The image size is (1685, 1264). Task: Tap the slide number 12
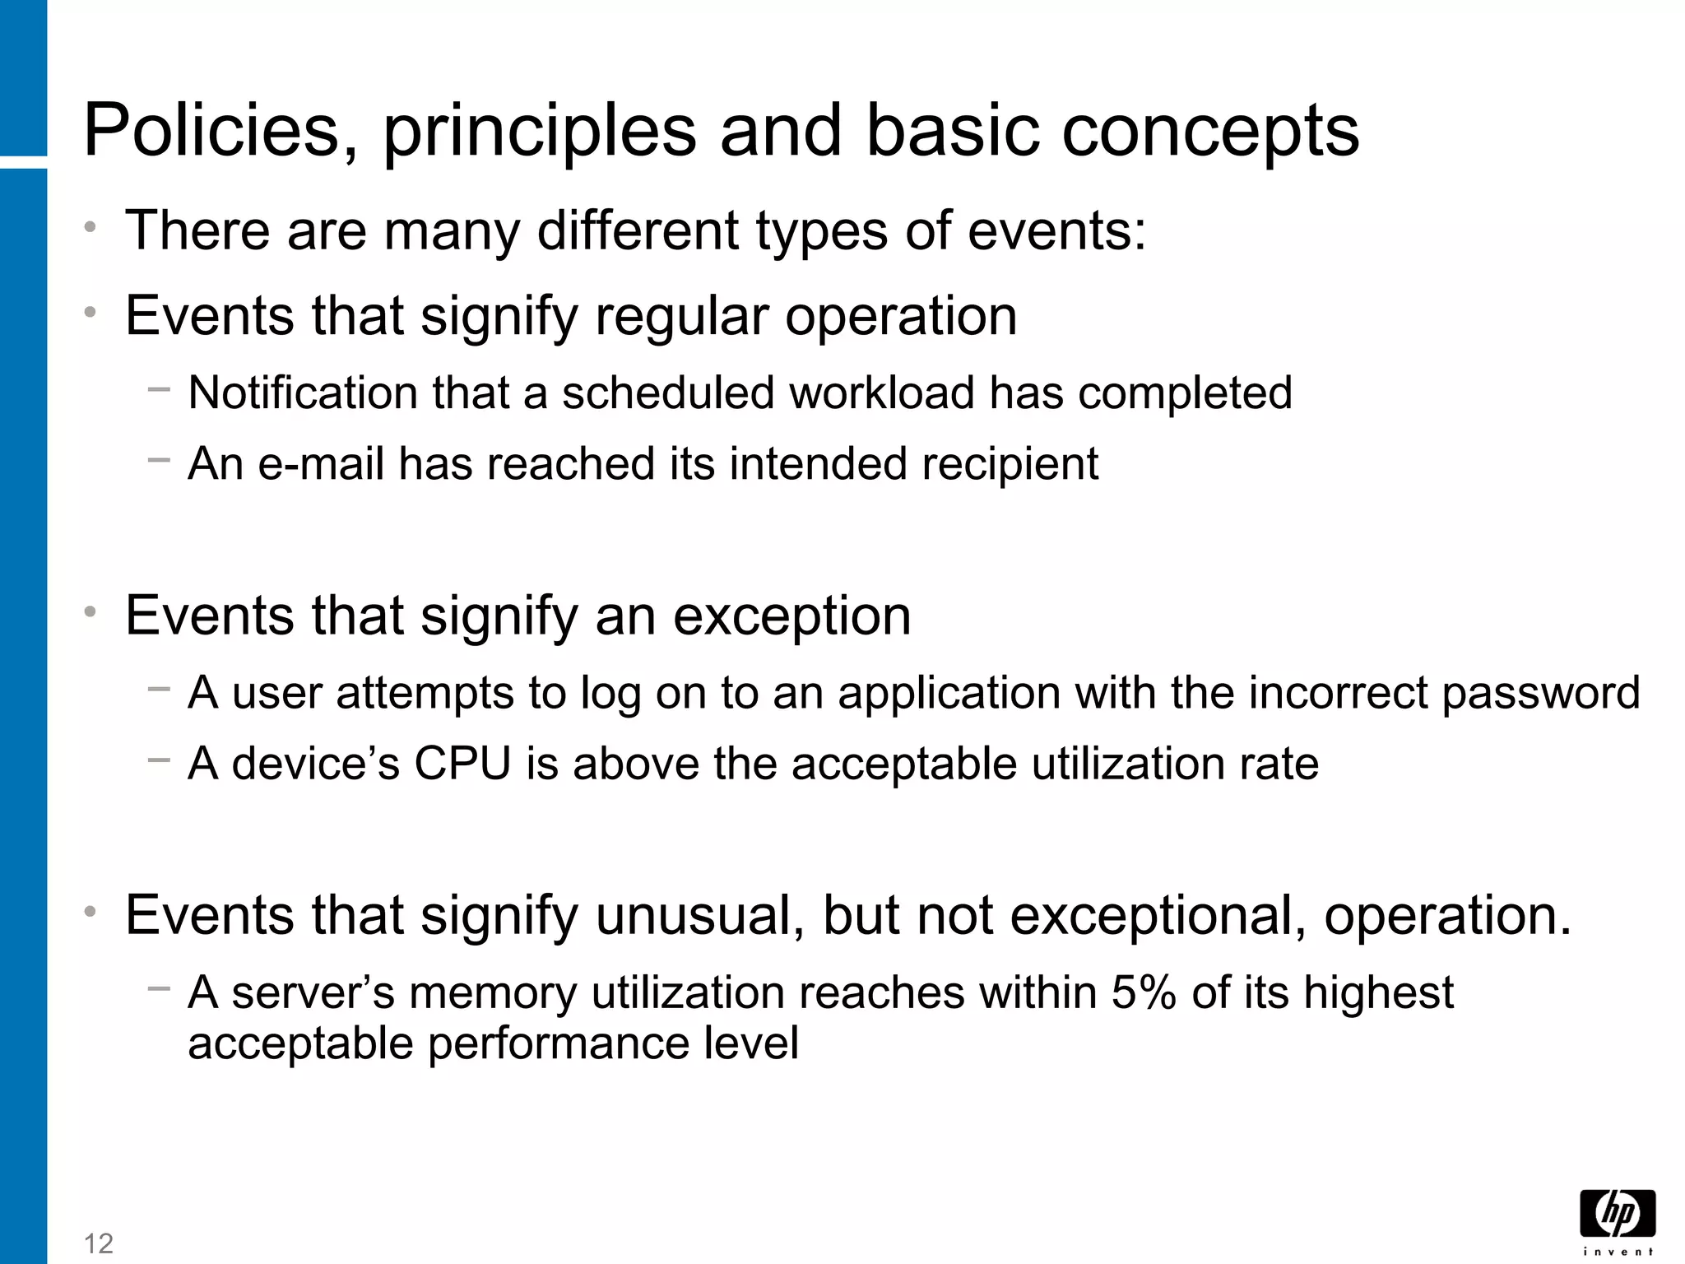99,1243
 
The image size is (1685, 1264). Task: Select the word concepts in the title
1210,132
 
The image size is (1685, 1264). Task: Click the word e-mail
321,463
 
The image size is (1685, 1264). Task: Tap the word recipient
1010,464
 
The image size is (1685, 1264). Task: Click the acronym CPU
462,764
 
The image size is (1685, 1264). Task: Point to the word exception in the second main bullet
791,616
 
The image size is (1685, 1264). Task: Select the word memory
494,992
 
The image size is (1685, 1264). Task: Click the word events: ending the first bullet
1056,230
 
